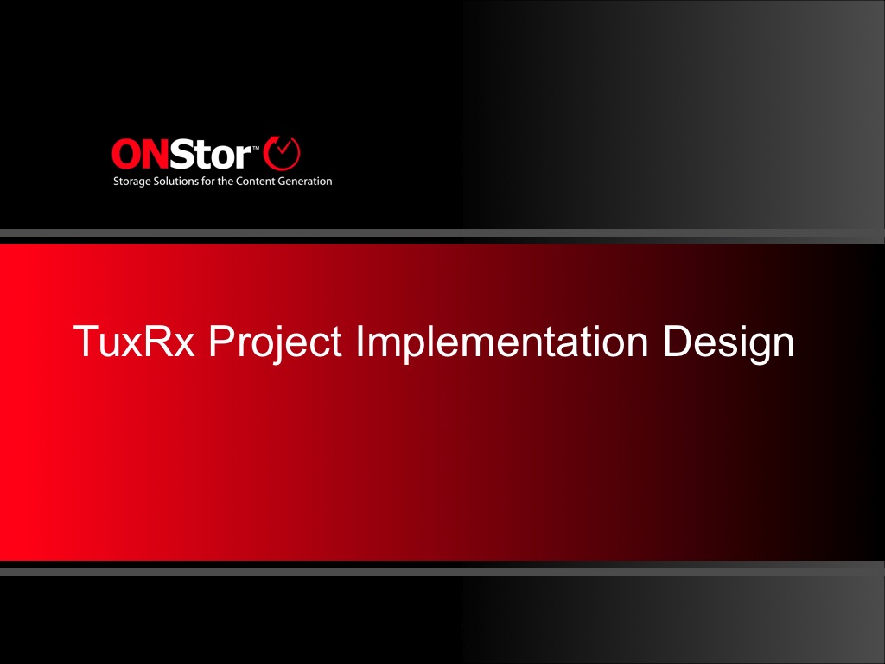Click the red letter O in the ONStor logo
pos(125,154)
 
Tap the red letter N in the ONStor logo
pos(155,154)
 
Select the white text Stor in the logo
pos(211,154)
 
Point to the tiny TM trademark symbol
pos(256,147)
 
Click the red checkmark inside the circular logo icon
pos(283,148)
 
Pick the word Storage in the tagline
pos(132,182)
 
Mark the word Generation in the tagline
pos(305,182)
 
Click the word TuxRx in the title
pos(134,341)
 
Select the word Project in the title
pos(276,343)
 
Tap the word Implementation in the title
pos(502,343)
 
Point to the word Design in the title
pos(729,343)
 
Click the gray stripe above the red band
pos(442,233)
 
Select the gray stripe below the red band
pos(442,572)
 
